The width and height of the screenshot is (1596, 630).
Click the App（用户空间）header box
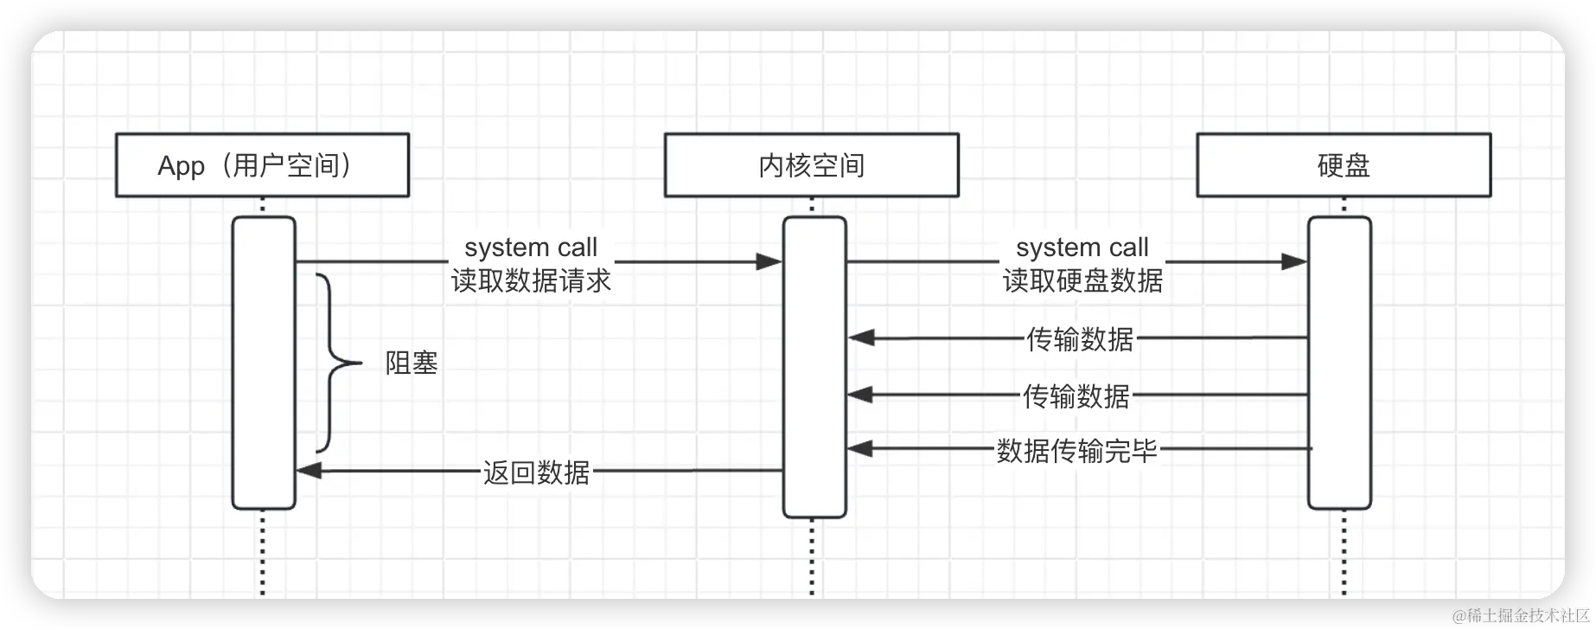262,165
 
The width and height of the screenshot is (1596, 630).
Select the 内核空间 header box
811,165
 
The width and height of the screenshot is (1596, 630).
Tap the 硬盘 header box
1343,165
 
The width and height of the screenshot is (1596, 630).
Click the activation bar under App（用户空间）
264,389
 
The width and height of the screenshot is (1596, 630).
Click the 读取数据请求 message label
531,280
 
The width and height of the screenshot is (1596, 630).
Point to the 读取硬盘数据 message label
1082,280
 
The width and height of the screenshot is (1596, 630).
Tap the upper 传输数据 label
1079,339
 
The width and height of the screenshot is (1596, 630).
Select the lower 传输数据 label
1076,396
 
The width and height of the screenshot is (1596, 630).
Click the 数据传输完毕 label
1076,450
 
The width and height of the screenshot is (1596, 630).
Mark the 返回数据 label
536,472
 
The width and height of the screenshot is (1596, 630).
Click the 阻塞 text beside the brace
412,363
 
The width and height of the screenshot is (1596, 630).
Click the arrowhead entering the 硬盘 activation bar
1294,261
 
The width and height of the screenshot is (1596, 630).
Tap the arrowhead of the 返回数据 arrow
309,471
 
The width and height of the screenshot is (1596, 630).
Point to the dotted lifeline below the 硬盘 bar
1344,554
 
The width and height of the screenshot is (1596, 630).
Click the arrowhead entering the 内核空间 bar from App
769,261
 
